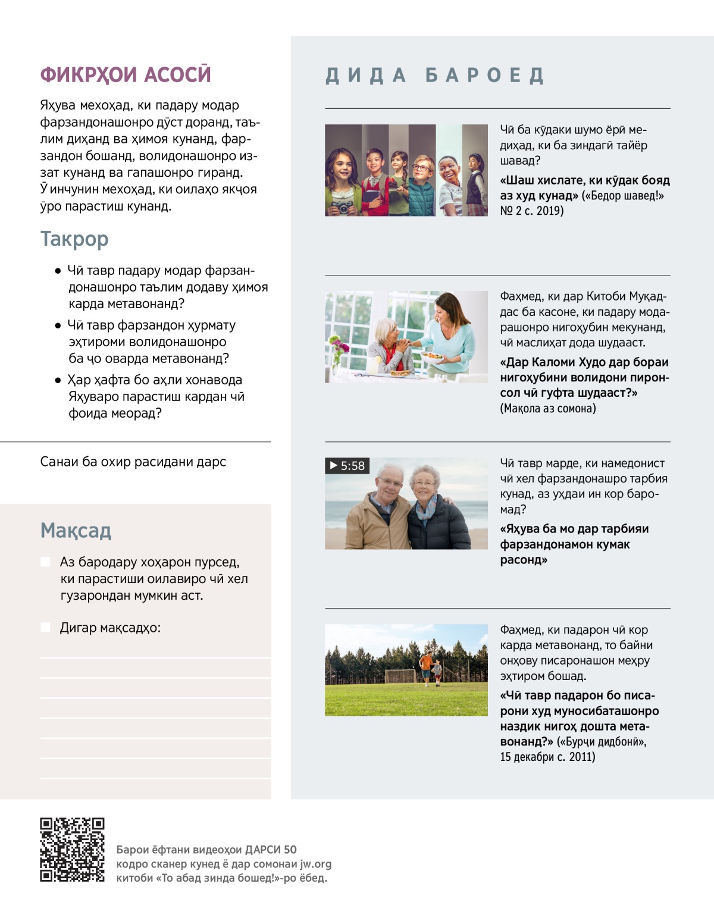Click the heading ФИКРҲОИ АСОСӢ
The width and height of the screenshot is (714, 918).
tap(126, 74)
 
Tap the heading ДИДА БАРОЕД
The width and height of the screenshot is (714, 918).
tap(435, 76)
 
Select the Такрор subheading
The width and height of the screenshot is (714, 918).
tap(74, 239)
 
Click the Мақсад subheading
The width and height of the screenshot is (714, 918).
tap(76, 530)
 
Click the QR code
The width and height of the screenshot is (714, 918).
tap(72, 850)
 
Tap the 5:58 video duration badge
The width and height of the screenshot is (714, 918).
tap(347, 466)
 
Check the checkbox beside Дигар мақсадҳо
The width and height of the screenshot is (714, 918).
tap(45, 627)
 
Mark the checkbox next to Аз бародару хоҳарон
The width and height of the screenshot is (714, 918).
tap(45, 562)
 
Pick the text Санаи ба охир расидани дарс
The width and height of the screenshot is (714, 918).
tap(133, 462)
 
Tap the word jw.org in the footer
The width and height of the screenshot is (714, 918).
tap(315, 864)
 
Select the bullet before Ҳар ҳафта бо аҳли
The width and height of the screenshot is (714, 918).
tap(58, 380)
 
